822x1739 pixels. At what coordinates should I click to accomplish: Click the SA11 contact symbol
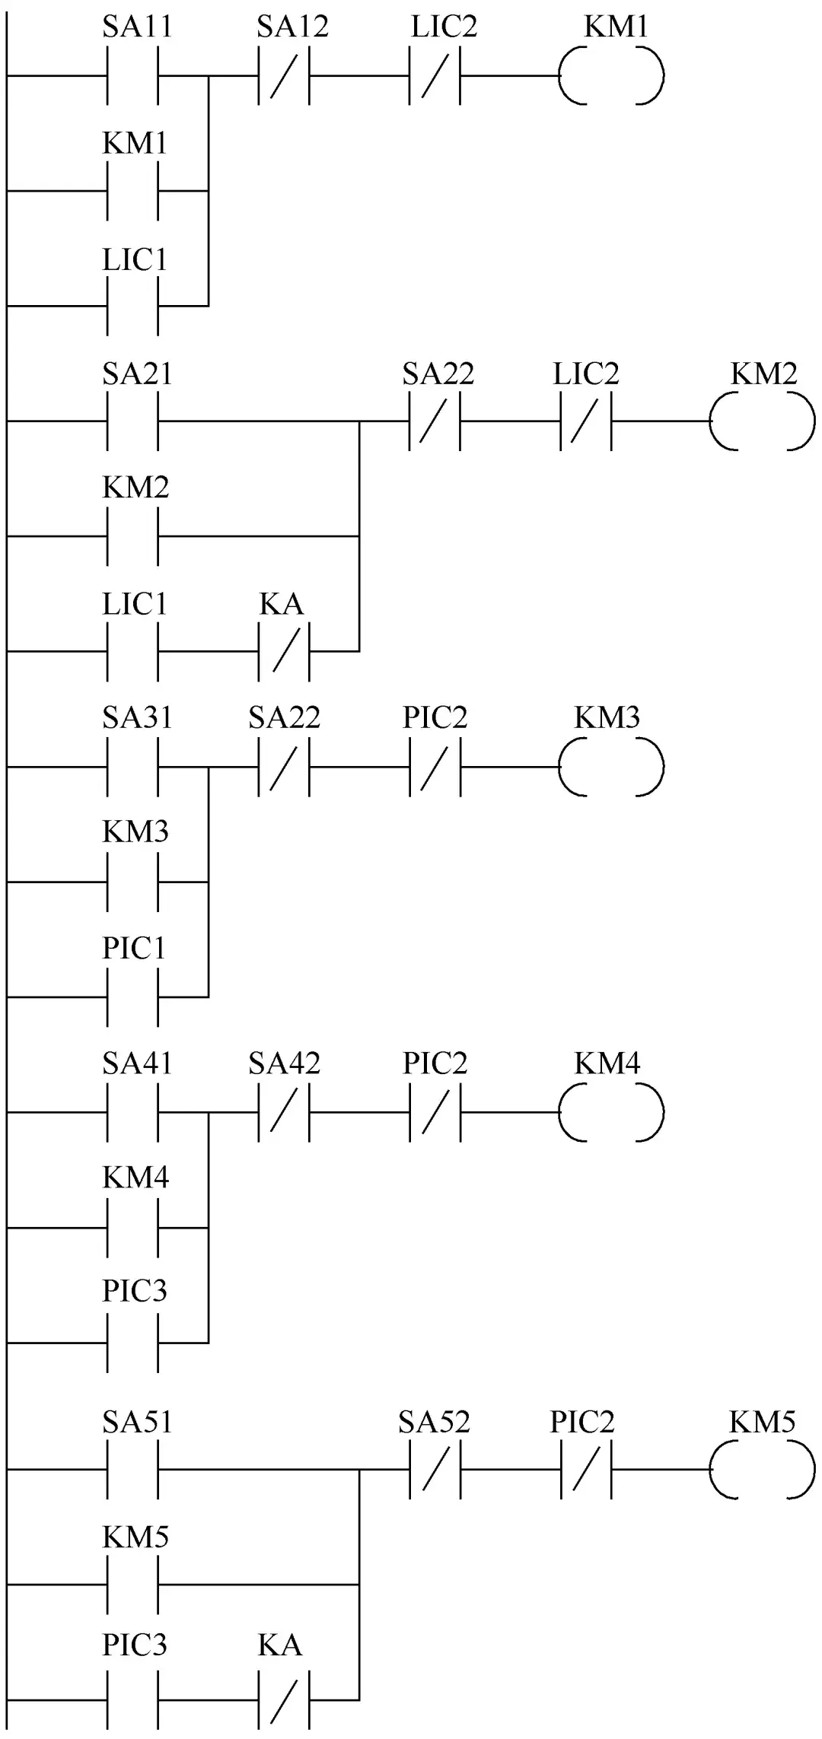click(x=133, y=75)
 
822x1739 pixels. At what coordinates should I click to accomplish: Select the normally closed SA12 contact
click(x=284, y=75)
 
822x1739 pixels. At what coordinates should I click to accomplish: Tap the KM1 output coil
click(x=611, y=75)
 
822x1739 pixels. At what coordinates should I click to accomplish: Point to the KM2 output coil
click(x=762, y=421)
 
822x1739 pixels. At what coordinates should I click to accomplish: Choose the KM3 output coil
click(x=611, y=767)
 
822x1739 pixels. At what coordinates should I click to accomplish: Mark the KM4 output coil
click(x=611, y=1113)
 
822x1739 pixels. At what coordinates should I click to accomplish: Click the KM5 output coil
click(x=762, y=1470)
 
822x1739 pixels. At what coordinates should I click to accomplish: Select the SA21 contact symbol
click(x=133, y=421)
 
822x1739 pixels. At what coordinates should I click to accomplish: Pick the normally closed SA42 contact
click(x=284, y=1113)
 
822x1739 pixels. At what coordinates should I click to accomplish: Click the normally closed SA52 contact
click(x=435, y=1470)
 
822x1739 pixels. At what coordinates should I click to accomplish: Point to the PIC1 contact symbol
click(x=133, y=997)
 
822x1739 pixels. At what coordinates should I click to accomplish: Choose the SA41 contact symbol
click(x=133, y=1113)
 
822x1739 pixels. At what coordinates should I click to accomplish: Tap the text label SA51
click(x=137, y=1423)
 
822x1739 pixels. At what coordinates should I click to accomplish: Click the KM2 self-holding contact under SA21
click(x=133, y=536)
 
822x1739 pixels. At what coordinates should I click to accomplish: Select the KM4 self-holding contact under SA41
click(x=133, y=1228)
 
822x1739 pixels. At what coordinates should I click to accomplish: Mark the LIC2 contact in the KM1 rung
click(x=435, y=75)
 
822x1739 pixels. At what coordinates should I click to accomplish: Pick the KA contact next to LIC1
click(x=284, y=651)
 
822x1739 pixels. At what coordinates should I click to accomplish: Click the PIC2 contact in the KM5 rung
click(x=585, y=1470)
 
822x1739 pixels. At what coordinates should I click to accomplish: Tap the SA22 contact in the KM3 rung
click(x=284, y=767)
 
